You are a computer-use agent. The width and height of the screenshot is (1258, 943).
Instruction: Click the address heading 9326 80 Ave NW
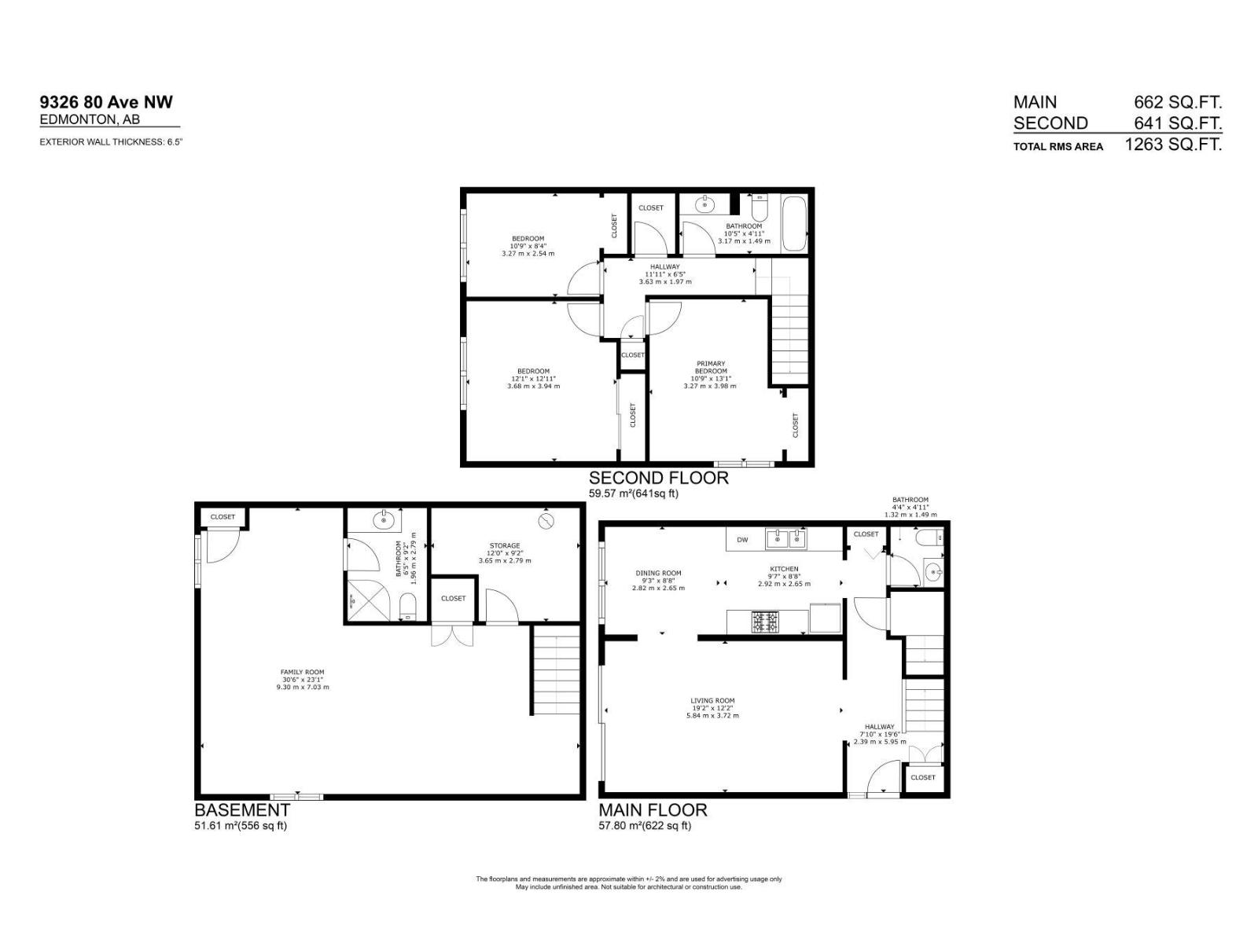pyautogui.click(x=106, y=101)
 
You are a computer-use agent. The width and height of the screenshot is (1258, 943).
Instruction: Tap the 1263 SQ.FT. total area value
pyautogui.click(x=1173, y=145)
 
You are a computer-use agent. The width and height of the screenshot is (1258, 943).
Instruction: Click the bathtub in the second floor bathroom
pyautogui.click(x=794, y=223)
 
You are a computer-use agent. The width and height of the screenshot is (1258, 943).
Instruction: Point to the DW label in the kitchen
pyautogui.click(x=742, y=540)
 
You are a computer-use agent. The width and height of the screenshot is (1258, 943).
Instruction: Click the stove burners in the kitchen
pyautogui.click(x=765, y=622)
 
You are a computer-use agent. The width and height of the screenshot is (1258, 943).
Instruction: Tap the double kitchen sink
pyautogui.click(x=787, y=538)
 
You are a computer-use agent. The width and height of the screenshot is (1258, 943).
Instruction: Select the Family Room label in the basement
pyautogui.click(x=302, y=679)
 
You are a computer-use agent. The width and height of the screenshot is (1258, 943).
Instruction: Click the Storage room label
pyautogui.click(x=505, y=552)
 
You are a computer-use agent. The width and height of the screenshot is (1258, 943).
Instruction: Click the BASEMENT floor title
pyautogui.click(x=242, y=809)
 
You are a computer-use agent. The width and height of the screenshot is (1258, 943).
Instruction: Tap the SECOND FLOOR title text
pyautogui.click(x=658, y=478)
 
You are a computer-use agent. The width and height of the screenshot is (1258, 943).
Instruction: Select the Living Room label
pyautogui.click(x=712, y=708)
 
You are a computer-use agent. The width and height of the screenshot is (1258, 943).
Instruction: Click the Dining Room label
pyautogui.click(x=658, y=580)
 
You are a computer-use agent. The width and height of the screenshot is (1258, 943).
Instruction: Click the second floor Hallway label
pyautogui.click(x=664, y=273)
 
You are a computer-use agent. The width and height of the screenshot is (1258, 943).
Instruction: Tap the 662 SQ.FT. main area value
pyautogui.click(x=1177, y=102)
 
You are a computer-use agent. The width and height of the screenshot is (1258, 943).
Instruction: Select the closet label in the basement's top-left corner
pyautogui.click(x=223, y=517)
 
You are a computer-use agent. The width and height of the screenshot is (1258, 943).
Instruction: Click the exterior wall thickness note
pyautogui.click(x=111, y=142)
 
